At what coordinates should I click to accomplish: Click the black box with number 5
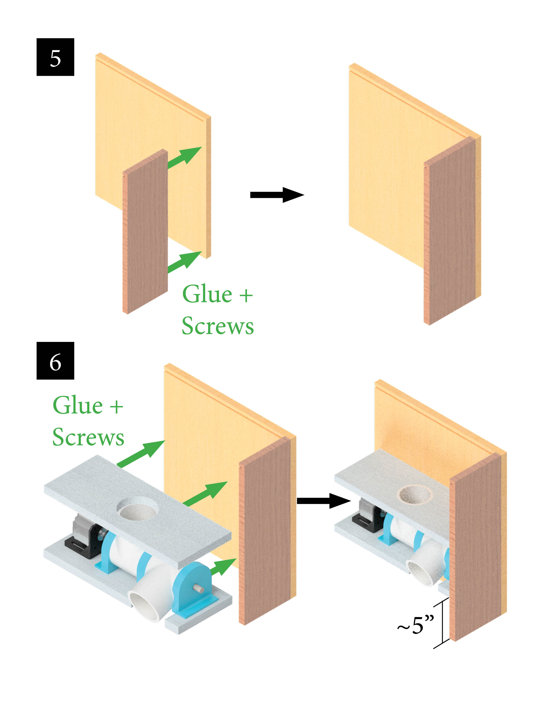tap(55, 57)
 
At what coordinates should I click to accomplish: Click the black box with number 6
tap(55, 361)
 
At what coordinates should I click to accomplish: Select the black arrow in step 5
tap(276, 195)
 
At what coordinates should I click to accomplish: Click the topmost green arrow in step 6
tap(141, 453)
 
